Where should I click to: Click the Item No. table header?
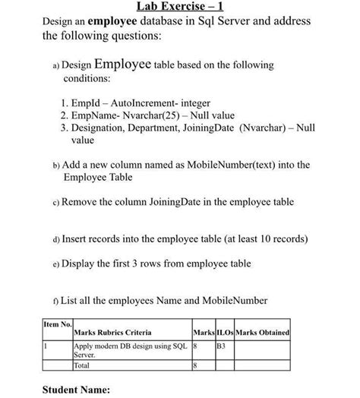(x=56, y=324)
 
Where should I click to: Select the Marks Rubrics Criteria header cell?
(x=112, y=333)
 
